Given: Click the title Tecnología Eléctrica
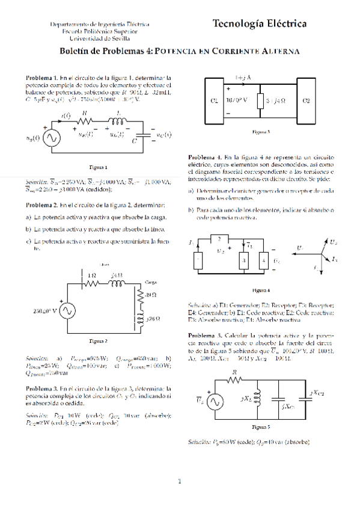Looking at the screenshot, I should pos(260,24).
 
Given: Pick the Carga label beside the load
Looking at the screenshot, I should pos(150,281).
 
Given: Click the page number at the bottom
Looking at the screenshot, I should pos(180,481).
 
